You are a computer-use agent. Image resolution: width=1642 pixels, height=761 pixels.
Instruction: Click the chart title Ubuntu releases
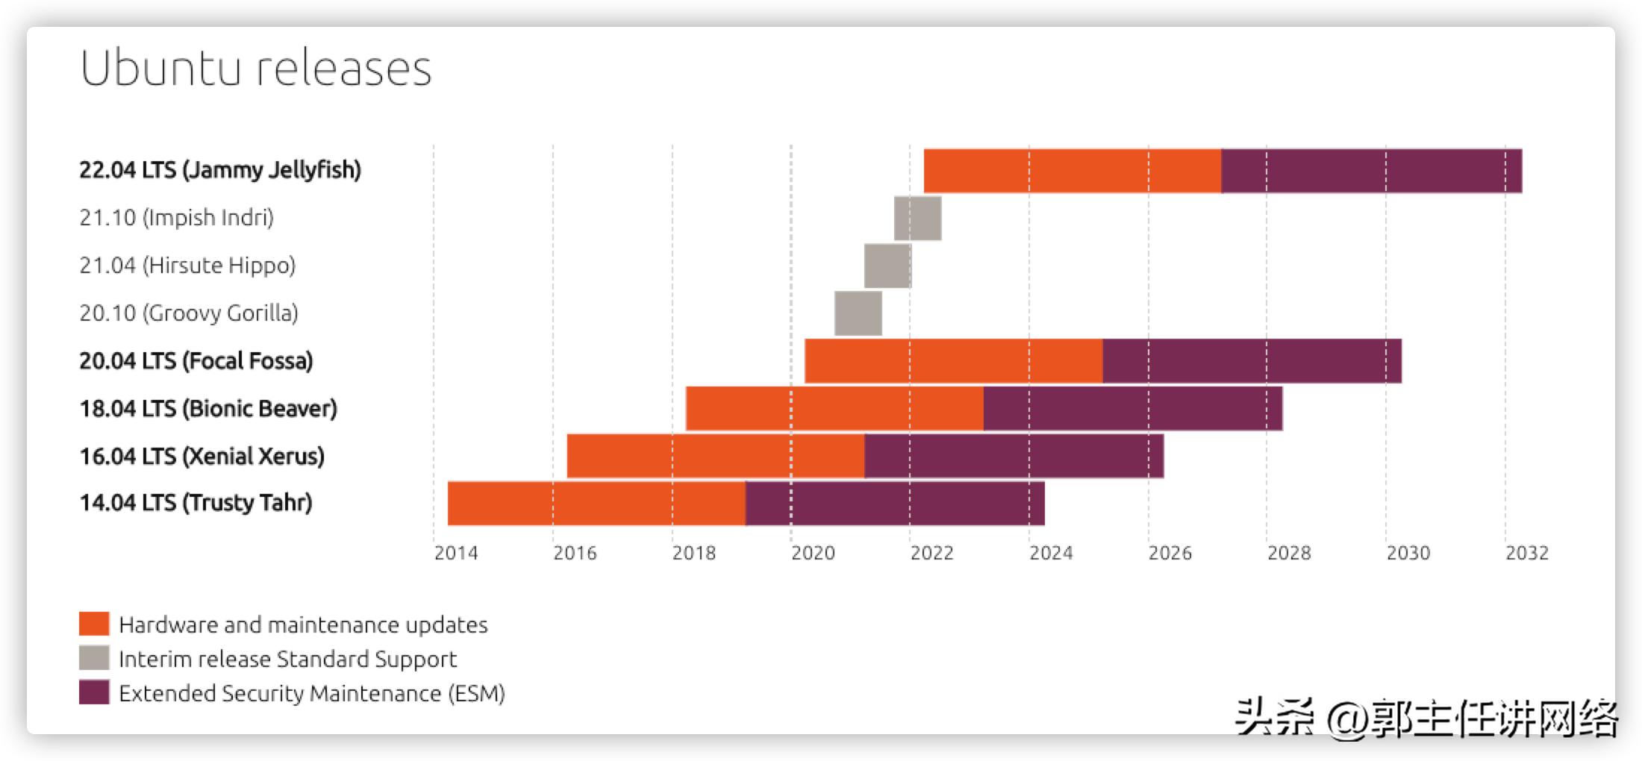[256, 68]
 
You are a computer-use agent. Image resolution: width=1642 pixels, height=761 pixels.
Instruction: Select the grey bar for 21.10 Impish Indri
[917, 218]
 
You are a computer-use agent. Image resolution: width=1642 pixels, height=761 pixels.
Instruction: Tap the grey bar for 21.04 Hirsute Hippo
[887, 266]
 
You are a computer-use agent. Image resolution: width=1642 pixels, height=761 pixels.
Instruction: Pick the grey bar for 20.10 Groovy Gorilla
[858, 313]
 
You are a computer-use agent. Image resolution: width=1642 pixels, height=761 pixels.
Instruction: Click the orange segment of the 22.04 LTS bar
[1073, 171]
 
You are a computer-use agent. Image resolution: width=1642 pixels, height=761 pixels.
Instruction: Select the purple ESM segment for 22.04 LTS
[1372, 171]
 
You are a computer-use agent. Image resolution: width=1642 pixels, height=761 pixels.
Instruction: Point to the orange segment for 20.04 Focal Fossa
[954, 361]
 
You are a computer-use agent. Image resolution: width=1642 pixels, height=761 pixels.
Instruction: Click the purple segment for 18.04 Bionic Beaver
[1133, 408]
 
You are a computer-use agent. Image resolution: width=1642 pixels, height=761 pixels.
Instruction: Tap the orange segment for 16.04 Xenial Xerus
[716, 456]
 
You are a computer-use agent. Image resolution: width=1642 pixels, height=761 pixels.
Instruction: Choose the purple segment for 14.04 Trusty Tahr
[895, 504]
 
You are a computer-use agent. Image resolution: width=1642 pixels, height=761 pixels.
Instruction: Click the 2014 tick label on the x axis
[456, 553]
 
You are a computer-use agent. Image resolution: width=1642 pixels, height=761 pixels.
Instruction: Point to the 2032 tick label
[1527, 553]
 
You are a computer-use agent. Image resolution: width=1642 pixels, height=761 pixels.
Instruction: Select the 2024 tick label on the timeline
[1051, 553]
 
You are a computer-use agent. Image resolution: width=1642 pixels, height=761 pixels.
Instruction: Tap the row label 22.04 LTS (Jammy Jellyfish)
[220, 170]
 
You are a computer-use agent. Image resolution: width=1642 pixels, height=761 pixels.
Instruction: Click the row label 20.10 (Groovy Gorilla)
[189, 313]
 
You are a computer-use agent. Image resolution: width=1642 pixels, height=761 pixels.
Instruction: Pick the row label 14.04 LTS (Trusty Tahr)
[196, 503]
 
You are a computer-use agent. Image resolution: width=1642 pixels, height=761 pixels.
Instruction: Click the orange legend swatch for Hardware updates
[94, 624]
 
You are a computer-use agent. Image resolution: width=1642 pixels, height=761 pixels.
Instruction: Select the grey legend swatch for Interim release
[94, 658]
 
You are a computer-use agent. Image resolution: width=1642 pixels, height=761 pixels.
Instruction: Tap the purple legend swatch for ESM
[94, 692]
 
